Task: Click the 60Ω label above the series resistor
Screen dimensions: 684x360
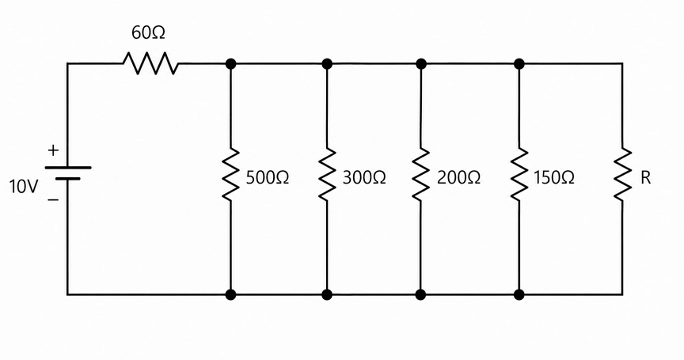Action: (148, 33)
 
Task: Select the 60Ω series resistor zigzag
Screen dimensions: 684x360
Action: (151, 63)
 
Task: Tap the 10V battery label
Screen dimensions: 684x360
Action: (24, 187)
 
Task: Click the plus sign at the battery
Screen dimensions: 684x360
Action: (53, 151)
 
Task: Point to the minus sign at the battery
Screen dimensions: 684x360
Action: (53, 200)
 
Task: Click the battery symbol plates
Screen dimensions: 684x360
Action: (68, 172)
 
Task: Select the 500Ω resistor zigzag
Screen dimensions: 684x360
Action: (230, 174)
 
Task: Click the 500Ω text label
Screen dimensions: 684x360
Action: (268, 178)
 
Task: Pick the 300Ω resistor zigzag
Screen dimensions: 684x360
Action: (327, 174)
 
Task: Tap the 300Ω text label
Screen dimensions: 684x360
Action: (364, 178)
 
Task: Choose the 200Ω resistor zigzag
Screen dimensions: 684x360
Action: (421, 174)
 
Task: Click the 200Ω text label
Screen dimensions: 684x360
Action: (458, 178)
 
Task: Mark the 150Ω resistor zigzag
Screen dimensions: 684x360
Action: (519, 174)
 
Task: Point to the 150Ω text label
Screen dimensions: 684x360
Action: (554, 178)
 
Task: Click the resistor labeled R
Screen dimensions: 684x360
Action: (622, 174)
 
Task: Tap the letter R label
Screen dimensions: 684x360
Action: (646, 178)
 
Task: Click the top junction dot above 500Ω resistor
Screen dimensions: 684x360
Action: (230, 64)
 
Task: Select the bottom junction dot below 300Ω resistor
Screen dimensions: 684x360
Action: (327, 294)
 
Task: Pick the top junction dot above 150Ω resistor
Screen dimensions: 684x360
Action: (519, 64)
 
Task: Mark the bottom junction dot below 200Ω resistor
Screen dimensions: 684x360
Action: (421, 294)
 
